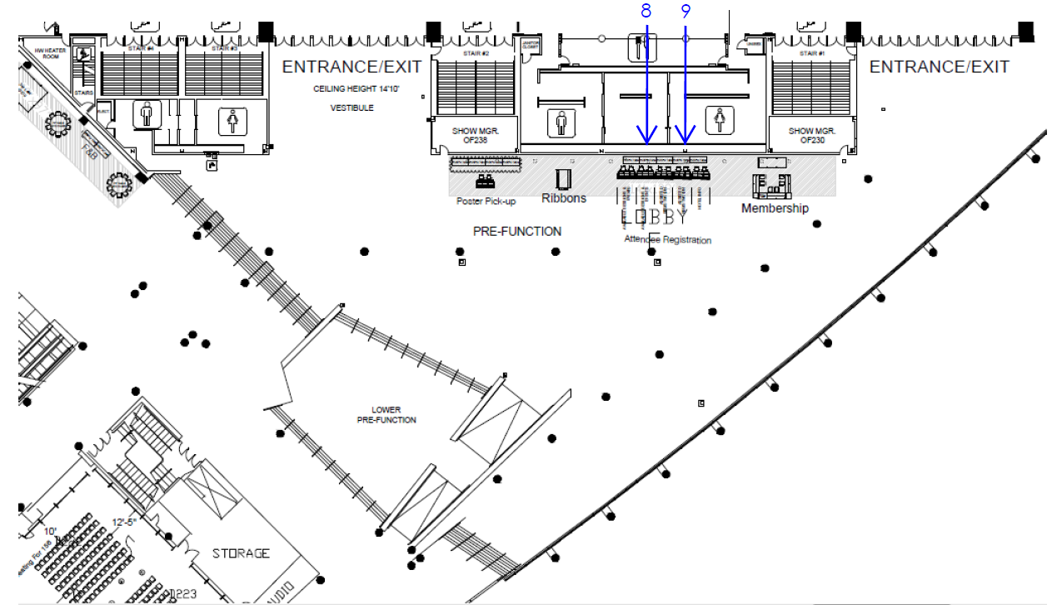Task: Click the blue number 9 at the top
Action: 686,11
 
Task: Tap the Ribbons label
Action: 564,198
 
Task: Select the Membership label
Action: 775,208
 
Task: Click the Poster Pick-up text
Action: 486,202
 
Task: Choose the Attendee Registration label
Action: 668,239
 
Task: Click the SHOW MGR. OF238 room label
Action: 469,136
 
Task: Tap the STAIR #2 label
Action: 474,53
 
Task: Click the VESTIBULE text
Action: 352,108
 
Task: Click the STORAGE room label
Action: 241,553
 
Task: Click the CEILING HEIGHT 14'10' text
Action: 352,88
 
